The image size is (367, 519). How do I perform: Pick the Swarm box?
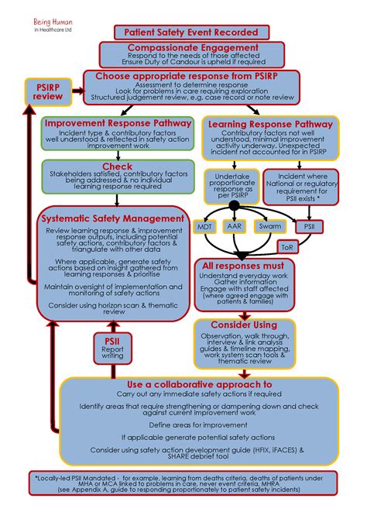(270, 227)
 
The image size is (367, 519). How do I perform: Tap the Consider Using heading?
(242, 323)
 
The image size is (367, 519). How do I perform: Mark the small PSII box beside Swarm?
(309, 227)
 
